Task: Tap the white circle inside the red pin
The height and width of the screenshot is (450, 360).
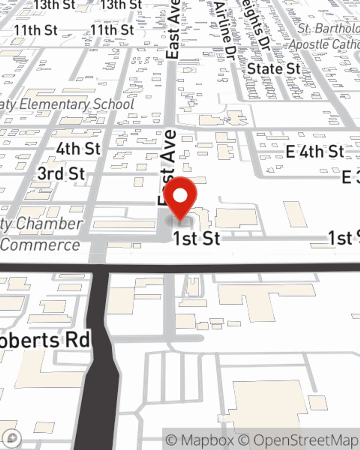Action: [x=180, y=196]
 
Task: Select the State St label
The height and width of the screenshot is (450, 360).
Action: [x=274, y=68]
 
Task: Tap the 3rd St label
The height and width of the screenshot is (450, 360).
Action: [x=61, y=174]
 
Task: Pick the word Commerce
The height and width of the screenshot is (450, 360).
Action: [x=40, y=245]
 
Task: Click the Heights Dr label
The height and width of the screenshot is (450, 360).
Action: [x=256, y=25]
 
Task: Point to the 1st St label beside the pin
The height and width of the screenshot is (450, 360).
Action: [x=197, y=238]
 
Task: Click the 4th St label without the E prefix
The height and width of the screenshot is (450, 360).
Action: [x=78, y=148]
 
